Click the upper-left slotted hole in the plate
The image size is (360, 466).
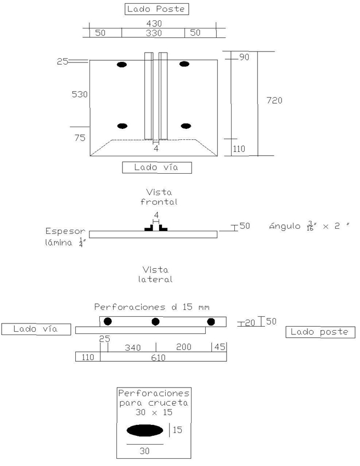122,65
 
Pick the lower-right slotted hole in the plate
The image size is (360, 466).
186,126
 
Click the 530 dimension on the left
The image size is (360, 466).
79,94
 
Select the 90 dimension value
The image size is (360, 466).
244,57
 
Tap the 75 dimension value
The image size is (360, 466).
80,138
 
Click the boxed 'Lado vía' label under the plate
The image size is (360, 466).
156,168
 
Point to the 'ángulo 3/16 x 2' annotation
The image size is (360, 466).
310,225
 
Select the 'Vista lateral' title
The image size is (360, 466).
156,274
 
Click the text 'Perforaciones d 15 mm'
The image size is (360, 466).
151,306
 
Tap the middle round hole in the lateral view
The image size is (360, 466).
156,321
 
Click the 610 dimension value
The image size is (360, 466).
157,357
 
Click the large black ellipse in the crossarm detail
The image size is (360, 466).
145,430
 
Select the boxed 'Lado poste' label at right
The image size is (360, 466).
320,332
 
